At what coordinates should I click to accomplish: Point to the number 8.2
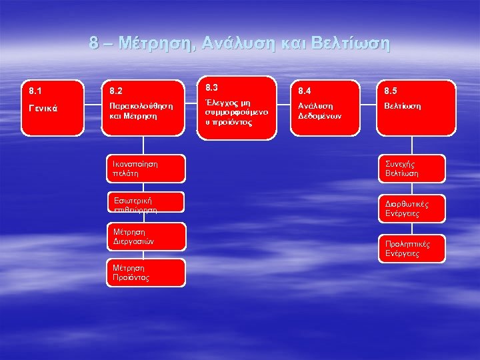click(116, 89)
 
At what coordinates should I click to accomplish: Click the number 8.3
click(212, 87)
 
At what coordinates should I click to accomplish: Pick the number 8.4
click(305, 89)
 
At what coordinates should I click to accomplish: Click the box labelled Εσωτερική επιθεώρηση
click(145, 203)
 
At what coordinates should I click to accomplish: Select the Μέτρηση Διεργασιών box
click(145, 237)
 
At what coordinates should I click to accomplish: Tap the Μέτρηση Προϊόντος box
click(145, 272)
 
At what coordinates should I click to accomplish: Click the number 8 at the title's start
click(95, 44)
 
